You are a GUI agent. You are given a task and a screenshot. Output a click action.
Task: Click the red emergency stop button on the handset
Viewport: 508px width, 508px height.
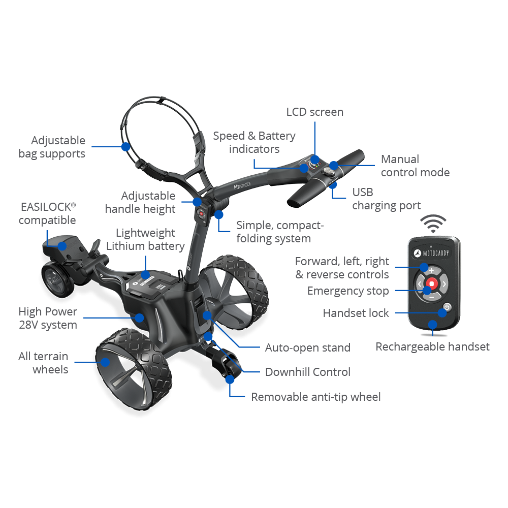431,283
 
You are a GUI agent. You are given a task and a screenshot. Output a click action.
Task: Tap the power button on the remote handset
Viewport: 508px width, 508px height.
447,307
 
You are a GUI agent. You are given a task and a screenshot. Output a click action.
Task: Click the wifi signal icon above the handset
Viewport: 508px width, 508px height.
433,223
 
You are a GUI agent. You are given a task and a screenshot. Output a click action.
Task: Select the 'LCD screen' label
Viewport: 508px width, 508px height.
314,112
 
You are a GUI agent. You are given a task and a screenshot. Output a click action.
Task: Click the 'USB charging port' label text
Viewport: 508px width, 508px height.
386,199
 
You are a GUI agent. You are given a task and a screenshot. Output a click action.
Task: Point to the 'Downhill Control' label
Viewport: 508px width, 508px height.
308,372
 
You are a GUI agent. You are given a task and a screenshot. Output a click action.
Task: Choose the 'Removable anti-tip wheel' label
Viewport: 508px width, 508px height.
316,397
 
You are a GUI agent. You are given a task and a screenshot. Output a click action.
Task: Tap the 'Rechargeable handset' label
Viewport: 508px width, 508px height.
432,346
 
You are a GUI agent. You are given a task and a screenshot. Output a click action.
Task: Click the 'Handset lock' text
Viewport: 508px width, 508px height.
356,313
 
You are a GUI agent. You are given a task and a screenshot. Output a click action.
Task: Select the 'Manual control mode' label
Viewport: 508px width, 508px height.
415,166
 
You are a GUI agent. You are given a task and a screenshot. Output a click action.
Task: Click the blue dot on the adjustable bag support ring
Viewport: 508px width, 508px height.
125,147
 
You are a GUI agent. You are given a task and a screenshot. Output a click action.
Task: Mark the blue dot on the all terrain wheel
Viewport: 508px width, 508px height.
105,362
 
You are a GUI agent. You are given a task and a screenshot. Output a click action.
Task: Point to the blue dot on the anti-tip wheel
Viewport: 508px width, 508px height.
230,379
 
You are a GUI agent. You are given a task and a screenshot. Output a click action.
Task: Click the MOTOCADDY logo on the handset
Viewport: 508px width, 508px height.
431,253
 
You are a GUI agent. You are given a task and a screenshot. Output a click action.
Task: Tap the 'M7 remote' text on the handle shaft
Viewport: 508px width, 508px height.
242,185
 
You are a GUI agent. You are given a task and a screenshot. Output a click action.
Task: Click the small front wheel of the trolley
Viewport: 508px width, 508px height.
58,279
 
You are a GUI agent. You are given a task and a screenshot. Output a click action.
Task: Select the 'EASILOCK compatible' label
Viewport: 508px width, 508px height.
47,213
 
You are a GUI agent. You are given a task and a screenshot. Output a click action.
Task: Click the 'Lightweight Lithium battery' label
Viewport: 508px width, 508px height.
145,239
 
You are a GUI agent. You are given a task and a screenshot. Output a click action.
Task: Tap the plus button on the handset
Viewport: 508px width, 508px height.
431,270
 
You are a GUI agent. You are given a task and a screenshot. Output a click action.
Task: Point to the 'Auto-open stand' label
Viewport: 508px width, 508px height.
308,347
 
